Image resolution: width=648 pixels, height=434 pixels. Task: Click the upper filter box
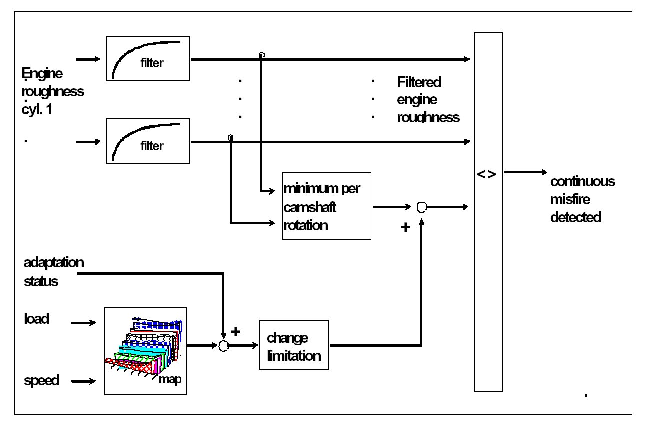[148, 59]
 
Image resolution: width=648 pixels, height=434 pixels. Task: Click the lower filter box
[148, 141]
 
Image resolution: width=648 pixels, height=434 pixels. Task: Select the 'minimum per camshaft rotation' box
[326, 206]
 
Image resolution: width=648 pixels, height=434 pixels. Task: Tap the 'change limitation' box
[294, 345]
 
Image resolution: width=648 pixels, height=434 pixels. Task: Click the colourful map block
[145, 350]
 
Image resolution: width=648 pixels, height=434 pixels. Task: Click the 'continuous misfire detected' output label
[582, 199]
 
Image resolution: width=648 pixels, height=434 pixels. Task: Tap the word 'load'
[36, 318]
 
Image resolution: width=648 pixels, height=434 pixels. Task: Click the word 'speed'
[41, 381]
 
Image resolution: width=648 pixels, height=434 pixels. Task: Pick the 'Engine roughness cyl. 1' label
[52, 92]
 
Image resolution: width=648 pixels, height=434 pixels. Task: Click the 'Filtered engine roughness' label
[427, 99]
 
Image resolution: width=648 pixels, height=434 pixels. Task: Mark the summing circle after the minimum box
[421, 207]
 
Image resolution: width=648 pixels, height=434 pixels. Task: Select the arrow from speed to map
[85, 381]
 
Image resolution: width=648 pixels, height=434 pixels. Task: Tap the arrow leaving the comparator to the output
[526, 173]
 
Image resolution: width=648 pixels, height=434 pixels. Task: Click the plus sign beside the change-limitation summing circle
[236, 331]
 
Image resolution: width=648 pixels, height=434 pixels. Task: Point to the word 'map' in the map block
[170, 379]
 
